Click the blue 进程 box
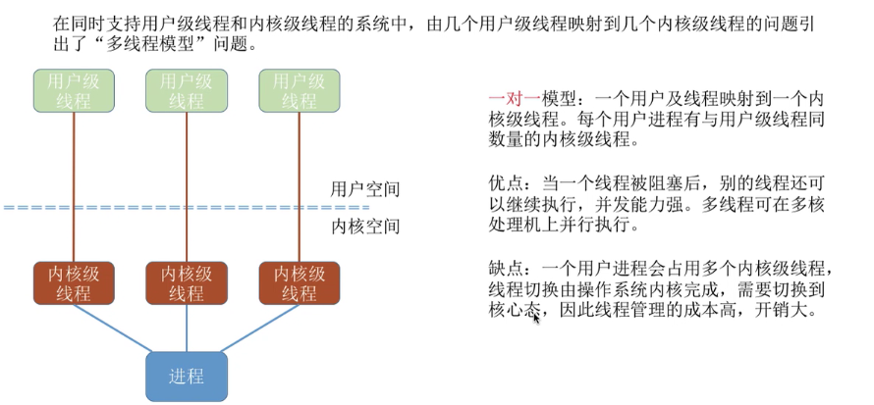pos(187,377)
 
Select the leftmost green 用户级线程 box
pos(75,90)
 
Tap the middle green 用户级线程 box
pos(187,90)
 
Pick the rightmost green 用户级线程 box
pos(299,90)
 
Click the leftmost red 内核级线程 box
pos(75,282)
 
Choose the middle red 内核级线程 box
pos(187,282)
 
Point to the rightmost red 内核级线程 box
pos(299,282)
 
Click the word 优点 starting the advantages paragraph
pos(504,183)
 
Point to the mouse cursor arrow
pos(535,317)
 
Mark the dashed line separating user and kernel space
pos(187,208)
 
